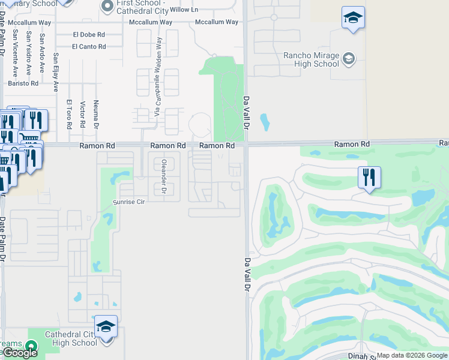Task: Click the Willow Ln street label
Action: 184,10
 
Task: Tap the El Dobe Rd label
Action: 89,35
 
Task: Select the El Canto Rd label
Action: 89,47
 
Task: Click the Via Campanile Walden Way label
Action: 158,77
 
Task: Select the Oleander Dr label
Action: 163,176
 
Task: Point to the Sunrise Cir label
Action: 129,203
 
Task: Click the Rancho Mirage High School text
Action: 311,60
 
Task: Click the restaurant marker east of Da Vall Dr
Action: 369,178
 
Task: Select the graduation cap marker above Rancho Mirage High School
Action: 353,18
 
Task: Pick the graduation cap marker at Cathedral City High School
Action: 106,327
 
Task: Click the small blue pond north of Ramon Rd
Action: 265,122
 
